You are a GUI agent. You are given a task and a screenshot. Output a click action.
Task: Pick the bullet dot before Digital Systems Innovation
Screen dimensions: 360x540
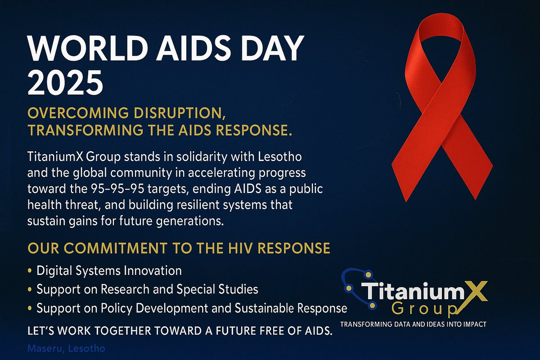coord(30,271)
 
